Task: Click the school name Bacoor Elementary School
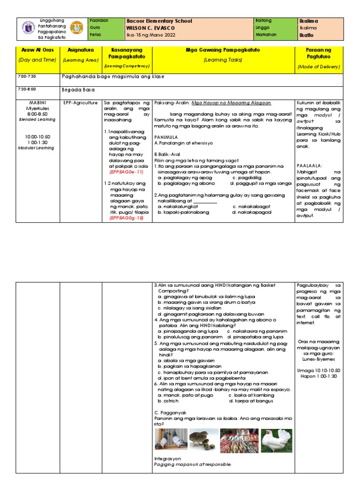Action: point(160,21)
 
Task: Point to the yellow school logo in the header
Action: point(77,28)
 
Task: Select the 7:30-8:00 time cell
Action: point(27,89)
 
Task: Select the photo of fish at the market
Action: point(240,440)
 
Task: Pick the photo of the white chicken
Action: point(276,440)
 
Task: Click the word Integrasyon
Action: point(167,458)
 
